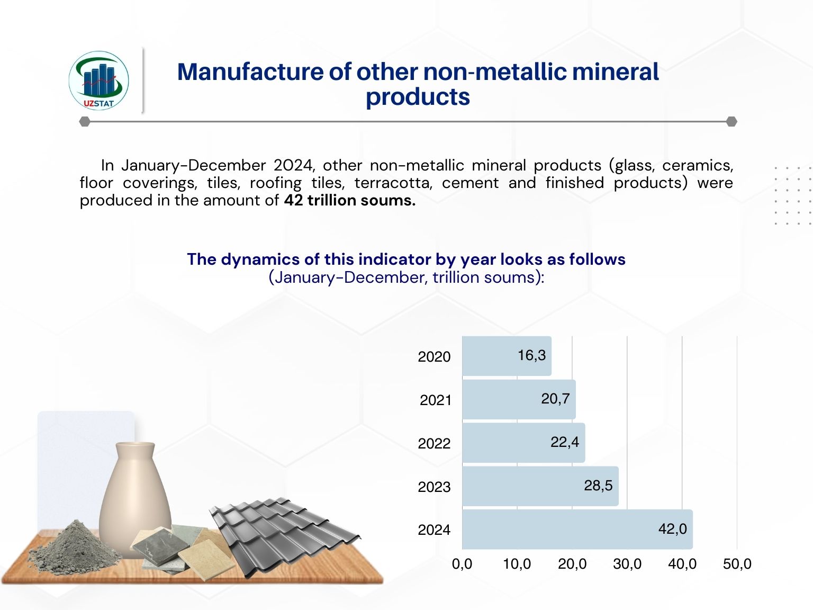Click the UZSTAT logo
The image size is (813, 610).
coord(99,81)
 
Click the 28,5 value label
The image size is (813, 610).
coord(598,486)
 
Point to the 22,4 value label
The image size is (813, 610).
coord(565,442)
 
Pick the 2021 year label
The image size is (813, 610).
coord(436,400)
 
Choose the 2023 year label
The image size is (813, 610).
coord(434,487)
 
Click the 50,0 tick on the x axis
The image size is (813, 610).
coord(737,564)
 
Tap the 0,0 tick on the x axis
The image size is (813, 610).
coord(462,564)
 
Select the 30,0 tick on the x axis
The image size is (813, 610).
coord(627,564)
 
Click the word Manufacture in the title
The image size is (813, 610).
coord(249,72)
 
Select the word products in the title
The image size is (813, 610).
coord(418,97)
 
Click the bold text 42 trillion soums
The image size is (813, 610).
coord(349,201)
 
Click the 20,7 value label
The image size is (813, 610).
coord(555,399)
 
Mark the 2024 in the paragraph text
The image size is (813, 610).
coord(293,166)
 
